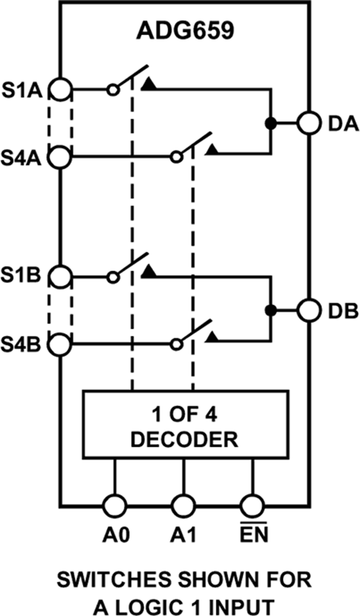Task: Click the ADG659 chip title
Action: [x=185, y=31]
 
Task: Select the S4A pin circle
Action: [x=60, y=157]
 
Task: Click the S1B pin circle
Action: [x=60, y=276]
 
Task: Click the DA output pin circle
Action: [x=309, y=123]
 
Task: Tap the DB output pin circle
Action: [x=309, y=310]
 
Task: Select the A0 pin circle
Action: [x=115, y=506]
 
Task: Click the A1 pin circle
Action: [x=184, y=506]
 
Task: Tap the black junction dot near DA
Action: [x=271, y=123]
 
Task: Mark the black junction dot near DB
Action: [x=271, y=310]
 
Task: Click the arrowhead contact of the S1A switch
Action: [x=149, y=84]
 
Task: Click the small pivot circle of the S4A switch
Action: [x=175, y=157]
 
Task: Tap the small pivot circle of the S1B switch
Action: [x=113, y=276]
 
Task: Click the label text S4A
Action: [x=21, y=157]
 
